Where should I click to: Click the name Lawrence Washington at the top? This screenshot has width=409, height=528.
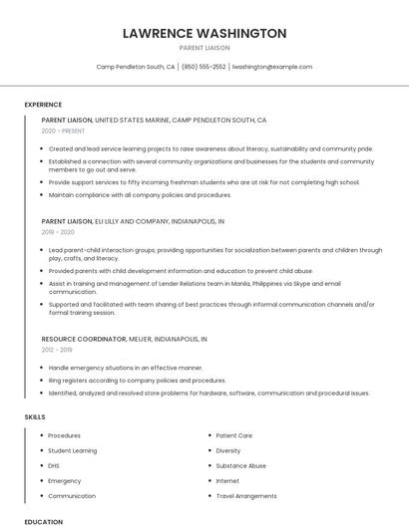[x=204, y=33]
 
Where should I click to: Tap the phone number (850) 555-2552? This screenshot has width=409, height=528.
[x=204, y=67]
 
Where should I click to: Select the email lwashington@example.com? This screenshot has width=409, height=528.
[x=272, y=67]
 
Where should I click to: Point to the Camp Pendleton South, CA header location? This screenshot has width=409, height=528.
[x=136, y=67]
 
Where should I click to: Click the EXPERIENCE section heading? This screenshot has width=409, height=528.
[x=43, y=105]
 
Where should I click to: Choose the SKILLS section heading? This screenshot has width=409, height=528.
[x=35, y=416]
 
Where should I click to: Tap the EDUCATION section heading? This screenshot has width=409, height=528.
[x=44, y=521]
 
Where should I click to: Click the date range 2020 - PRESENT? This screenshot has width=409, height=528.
[x=64, y=131]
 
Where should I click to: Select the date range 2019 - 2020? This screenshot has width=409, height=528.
[x=58, y=231]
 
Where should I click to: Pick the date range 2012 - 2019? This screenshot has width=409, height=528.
[x=58, y=350]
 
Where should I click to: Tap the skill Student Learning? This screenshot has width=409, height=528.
[x=72, y=450]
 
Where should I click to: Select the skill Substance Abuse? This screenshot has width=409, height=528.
[x=241, y=465]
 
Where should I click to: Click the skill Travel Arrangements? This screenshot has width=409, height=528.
[x=246, y=495]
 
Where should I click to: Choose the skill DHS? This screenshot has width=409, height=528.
[x=54, y=465]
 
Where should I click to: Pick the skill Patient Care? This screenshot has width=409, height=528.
[x=234, y=435]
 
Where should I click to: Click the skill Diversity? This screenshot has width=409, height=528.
[x=228, y=450]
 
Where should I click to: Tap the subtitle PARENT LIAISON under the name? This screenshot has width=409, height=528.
[x=204, y=48]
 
